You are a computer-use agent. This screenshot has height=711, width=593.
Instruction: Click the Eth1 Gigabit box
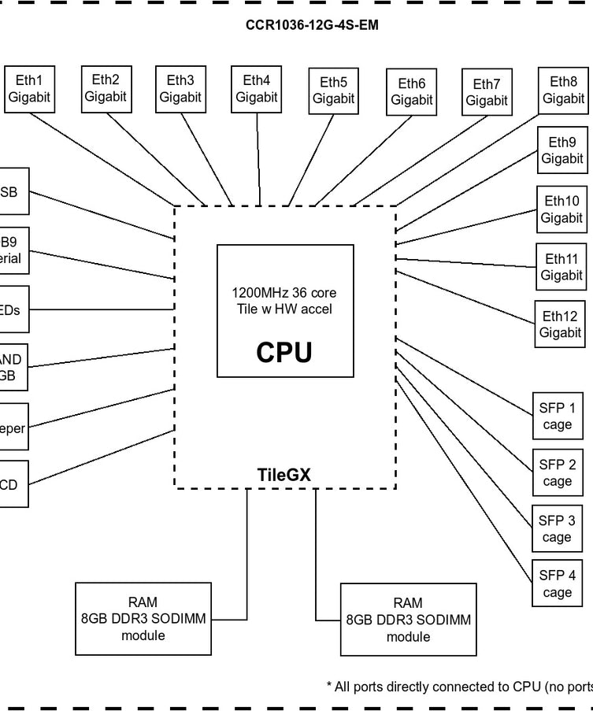pos(29,89)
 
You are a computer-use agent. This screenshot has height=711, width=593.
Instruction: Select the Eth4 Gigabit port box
pos(256,89)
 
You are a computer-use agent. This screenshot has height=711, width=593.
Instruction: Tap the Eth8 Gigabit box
pos(563,91)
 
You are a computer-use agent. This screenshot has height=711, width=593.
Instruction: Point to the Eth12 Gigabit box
pos(560,324)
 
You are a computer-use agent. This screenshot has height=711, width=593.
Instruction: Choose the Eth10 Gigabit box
pos(561,209)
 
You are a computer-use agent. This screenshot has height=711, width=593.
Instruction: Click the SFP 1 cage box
pos(557,417)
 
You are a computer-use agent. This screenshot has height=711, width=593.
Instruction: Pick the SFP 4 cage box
pos(557,584)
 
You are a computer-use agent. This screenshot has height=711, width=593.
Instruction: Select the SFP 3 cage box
pos(557,529)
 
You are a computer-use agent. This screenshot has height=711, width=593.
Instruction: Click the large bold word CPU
pos(284,353)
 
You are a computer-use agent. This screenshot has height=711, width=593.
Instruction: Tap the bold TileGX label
pos(284,475)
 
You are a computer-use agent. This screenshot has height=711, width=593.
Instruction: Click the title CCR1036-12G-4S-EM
pos(312,25)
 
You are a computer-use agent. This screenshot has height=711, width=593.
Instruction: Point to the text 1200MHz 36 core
pos(284,293)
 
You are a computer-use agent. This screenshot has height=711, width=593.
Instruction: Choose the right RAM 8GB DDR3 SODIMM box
pos(408,620)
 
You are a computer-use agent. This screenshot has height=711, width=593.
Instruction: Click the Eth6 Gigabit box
pos(411,92)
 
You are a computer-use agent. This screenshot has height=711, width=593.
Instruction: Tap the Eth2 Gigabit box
pos(106,88)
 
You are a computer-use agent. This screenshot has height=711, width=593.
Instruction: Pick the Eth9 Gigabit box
pos(561,150)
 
